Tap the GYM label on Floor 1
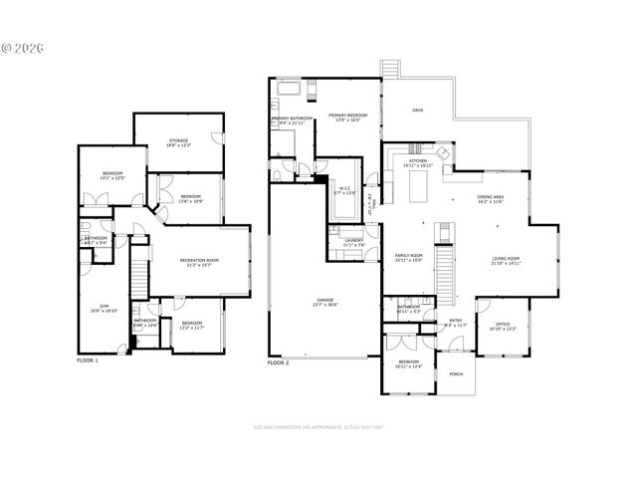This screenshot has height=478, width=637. [103, 306]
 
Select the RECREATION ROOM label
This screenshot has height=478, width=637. [199, 260]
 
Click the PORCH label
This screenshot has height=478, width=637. [456, 373]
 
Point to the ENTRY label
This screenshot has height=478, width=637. [455, 320]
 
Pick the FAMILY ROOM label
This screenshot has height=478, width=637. [409, 256]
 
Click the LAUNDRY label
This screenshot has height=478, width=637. [352, 240]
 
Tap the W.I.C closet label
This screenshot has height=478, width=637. [344, 188]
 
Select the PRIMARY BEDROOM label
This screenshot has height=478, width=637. [348, 116]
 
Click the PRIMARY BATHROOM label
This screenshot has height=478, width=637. [292, 119]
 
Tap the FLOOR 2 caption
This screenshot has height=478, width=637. [278, 363]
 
